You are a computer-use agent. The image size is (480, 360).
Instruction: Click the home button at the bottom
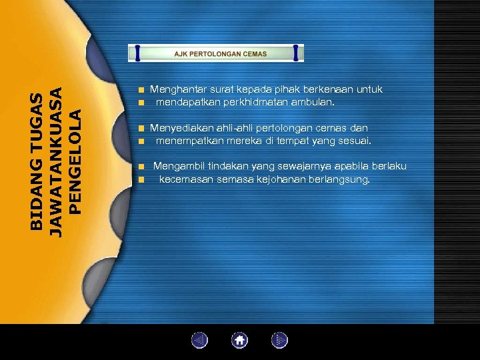point(240,341)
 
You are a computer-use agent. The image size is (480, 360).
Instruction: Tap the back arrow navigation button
point(200,341)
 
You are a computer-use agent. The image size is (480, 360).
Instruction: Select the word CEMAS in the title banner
point(254,53)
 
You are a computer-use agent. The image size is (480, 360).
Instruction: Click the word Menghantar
point(177,89)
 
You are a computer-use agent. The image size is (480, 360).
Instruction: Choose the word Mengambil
point(179,166)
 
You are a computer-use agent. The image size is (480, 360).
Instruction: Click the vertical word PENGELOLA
point(77,161)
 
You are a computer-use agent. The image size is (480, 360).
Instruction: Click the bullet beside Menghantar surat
point(141,90)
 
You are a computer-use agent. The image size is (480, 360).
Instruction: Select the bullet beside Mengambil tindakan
point(141,166)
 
